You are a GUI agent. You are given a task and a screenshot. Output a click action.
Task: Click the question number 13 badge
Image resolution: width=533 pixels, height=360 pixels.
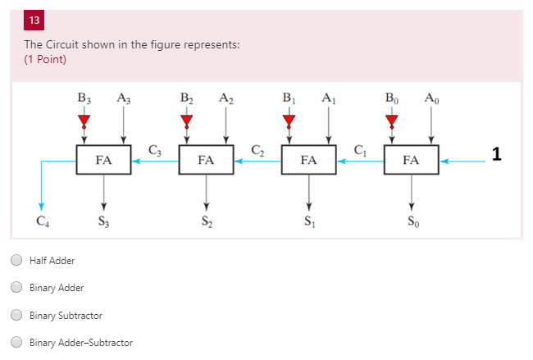[34, 21]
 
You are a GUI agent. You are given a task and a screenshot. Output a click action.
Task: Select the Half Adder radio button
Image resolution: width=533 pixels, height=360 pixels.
[16, 261]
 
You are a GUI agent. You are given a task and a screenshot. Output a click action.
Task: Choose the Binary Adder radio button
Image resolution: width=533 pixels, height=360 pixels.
[16, 288]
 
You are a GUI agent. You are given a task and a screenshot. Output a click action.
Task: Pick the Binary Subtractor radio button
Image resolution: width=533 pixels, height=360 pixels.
[16, 315]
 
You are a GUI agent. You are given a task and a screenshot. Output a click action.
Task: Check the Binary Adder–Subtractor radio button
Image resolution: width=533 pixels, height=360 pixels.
[16, 343]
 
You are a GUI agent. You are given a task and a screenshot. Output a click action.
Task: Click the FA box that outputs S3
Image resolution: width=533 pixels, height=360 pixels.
[103, 161]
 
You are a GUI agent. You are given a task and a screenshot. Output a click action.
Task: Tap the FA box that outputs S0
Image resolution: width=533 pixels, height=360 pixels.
[411, 161]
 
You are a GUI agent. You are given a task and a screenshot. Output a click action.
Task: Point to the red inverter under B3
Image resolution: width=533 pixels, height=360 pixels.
[84, 121]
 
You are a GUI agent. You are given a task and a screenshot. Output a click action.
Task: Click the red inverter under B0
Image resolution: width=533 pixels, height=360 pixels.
[391, 121]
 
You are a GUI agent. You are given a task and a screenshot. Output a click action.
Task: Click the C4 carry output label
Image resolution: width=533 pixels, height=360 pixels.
[42, 221]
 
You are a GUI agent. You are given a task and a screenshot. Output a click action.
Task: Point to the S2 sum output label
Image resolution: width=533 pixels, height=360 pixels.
[206, 221]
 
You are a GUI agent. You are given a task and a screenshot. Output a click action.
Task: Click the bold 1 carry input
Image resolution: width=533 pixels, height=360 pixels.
[496, 153]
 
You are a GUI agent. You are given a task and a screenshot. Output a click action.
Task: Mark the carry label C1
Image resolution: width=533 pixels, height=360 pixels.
[360, 149]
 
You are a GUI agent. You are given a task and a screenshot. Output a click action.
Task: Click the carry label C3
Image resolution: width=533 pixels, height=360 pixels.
[155, 149]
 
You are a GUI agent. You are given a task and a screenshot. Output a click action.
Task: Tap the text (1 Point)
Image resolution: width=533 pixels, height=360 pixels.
[45, 59]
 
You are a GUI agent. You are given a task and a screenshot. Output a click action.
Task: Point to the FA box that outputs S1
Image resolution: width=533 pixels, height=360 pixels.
[308, 161]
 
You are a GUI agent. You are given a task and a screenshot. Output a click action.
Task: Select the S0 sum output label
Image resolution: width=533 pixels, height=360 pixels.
[411, 221]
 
